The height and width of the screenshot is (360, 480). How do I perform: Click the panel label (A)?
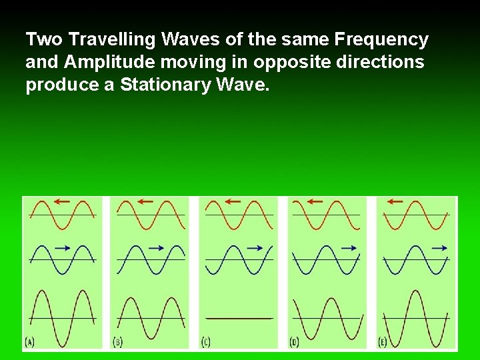point(29,342)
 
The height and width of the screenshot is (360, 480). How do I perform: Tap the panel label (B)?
point(117,342)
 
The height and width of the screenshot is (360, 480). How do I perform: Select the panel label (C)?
point(206,342)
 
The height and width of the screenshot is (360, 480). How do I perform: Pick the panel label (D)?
point(294,342)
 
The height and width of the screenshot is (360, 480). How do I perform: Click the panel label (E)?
point(383,342)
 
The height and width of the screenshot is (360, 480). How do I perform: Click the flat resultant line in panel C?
point(239,319)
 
